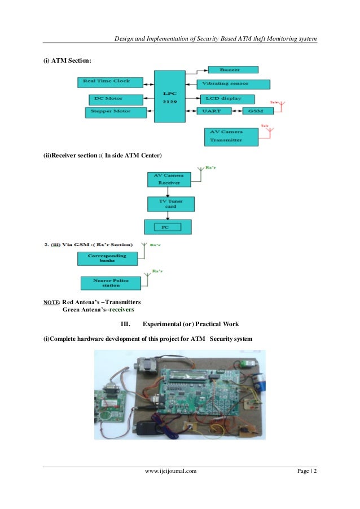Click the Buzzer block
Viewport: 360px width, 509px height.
pyautogui.click(x=232, y=70)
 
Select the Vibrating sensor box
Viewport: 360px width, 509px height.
pyautogui.click(x=233, y=84)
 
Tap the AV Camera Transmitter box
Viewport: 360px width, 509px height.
pyautogui.click(x=230, y=136)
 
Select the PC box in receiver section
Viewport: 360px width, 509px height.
pyautogui.click(x=168, y=227)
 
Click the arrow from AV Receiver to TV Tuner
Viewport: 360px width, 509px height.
pyautogui.click(x=168, y=192)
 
